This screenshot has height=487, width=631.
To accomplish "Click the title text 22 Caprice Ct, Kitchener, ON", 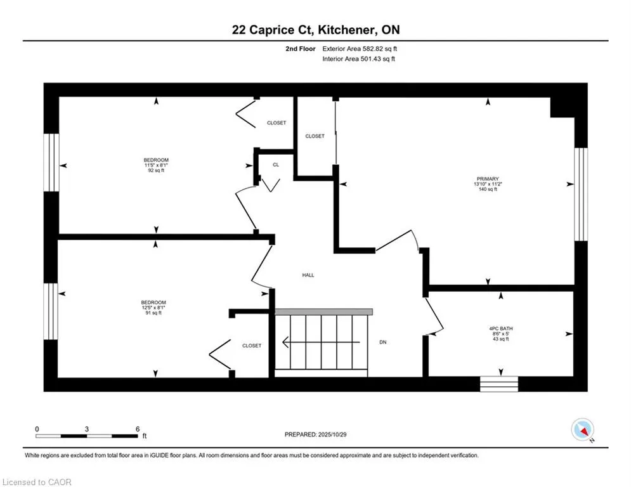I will pyautogui.click(x=315, y=30).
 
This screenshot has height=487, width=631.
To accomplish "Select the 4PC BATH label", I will pyautogui.click(x=499, y=328).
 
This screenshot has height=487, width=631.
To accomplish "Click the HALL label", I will pyautogui.click(x=308, y=275).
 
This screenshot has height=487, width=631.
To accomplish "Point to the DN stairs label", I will pyautogui.click(x=383, y=342).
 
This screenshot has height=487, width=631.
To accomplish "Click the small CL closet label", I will pyautogui.click(x=275, y=164).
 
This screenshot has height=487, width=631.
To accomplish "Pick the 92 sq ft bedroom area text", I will pyautogui.click(x=156, y=171).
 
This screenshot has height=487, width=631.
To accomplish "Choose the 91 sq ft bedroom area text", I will pyautogui.click(x=153, y=313).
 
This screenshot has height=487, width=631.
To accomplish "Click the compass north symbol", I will pyautogui.click(x=582, y=431).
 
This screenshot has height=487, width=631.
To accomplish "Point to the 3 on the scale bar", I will pyautogui.click(x=86, y=429).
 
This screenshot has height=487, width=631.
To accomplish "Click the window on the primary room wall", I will pyautogui.click(x=580, y=194).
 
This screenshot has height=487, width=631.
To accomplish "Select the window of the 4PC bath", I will pyautogui.click(x=498, y=384).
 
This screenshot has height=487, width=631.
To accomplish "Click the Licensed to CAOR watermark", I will pyautogui.click(x=37, y=482).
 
